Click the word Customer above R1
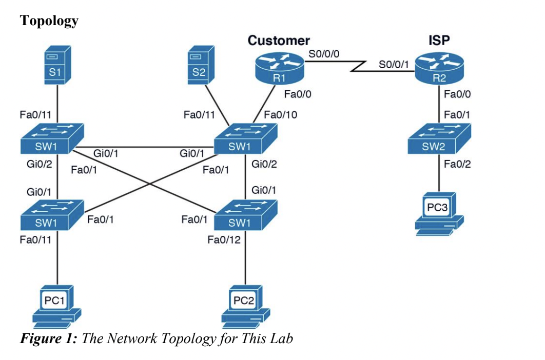pyautogui.click(x=279, y=40)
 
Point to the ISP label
pyautogui.click(x=439, y=41)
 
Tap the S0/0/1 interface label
pyautogui.click(x=394, y=64)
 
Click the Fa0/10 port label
pyautogui.click(x=280, y=114)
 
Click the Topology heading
pyautogui.click(x=49, y=21)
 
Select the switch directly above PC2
pyautogui.click(x=246, y=215)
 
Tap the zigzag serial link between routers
pyautogui.click(x=360, y=67)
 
